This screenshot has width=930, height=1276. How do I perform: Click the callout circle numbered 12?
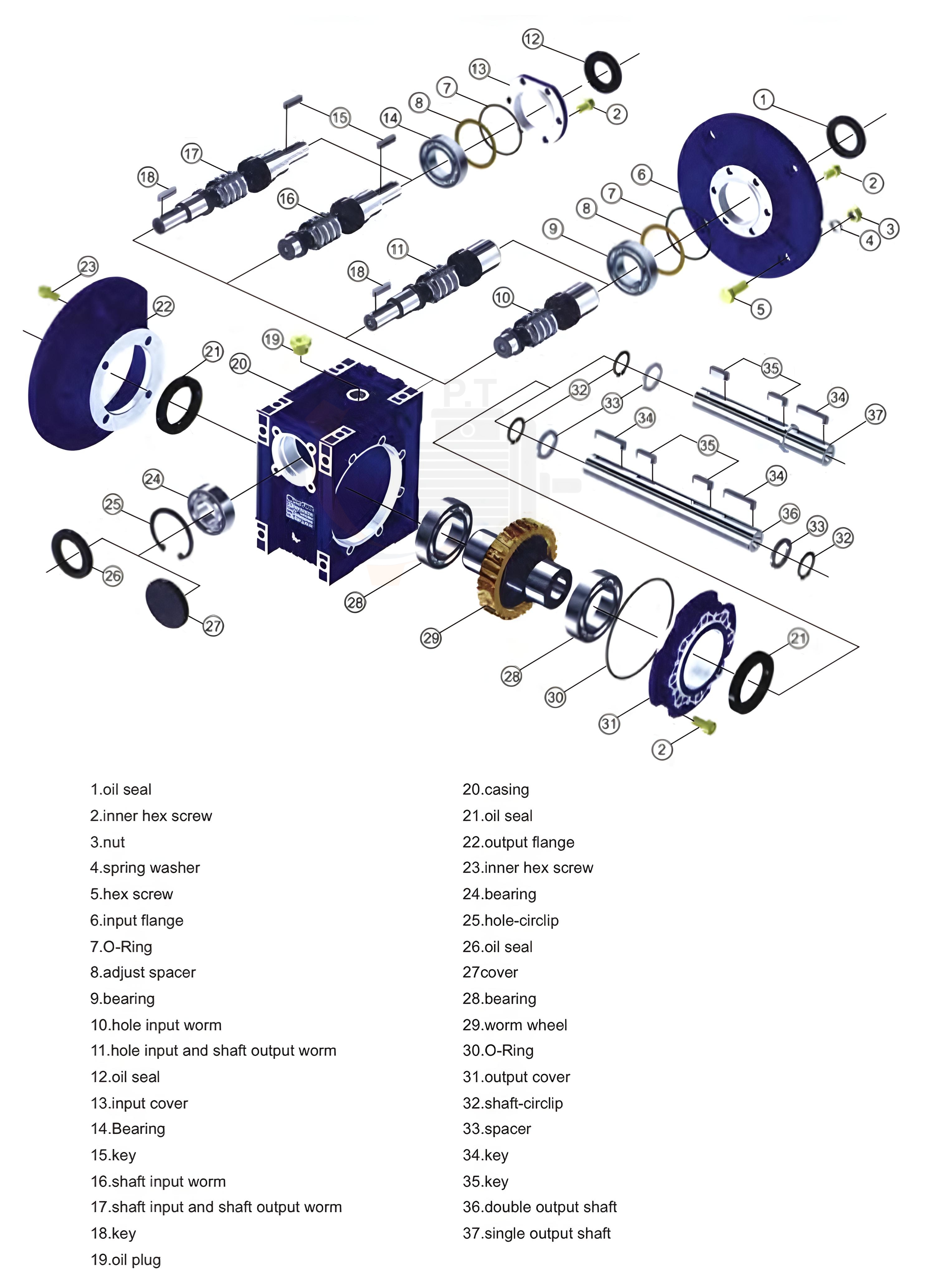(x=532, y=39)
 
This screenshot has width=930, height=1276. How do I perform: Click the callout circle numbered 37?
(x=875, y=415)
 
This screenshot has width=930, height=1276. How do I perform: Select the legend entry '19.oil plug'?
(x=126, y=1260)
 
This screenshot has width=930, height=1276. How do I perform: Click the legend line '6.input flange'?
(x=137, y=920)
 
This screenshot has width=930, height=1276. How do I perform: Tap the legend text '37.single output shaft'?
(x=537, y=1233)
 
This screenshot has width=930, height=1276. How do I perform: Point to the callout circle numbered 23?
(x=88, y=266)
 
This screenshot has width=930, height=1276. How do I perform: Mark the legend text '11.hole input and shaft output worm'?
(x=213, y=1050)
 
